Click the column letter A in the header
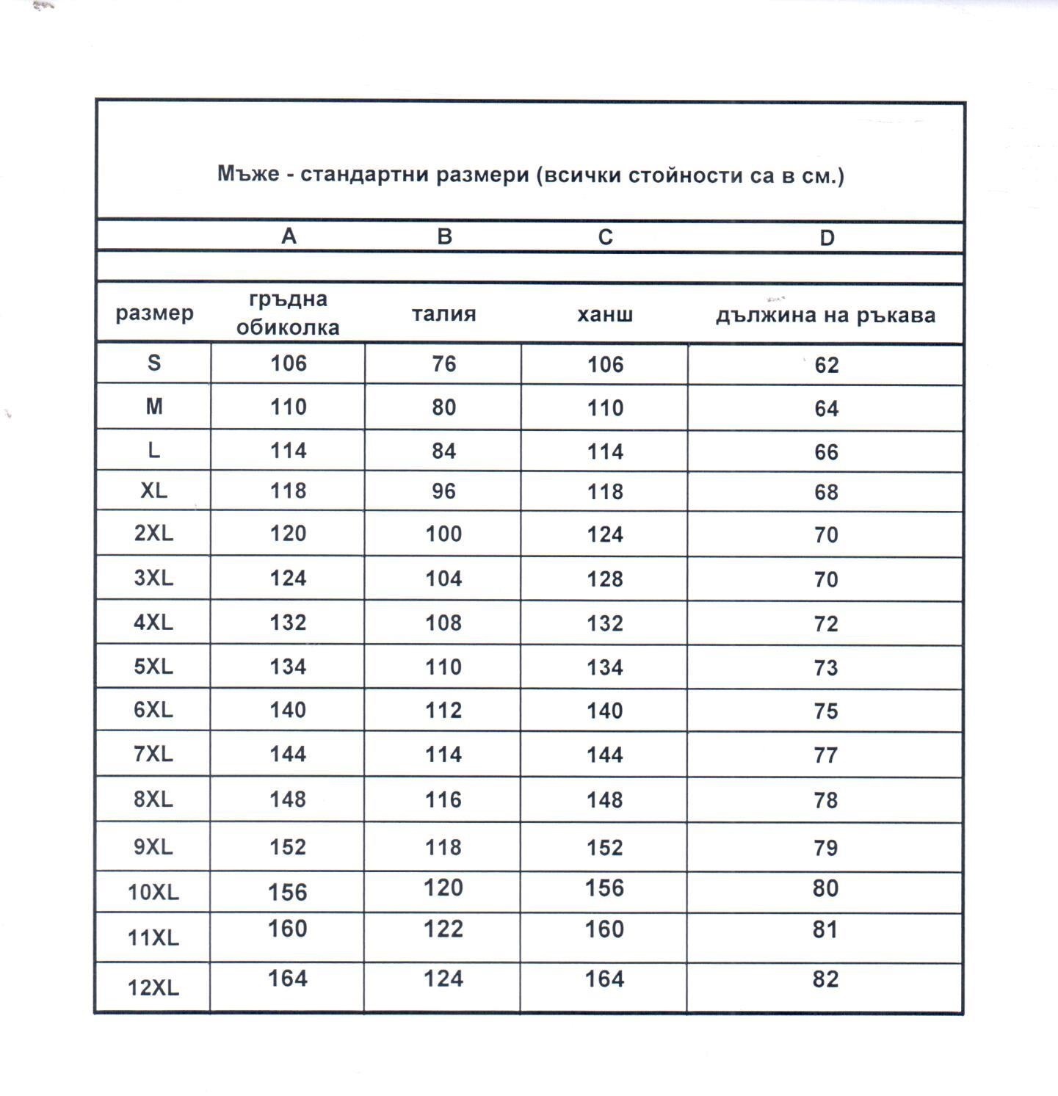point(289,236)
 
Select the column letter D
point(827,238)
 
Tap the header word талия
point(443,314)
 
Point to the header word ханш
point(605,315)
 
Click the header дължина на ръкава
point(825,316)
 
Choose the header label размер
point(154,313)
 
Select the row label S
point(153,363)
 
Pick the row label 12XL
point(153,988)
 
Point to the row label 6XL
point(153,710)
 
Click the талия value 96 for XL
point(443,491)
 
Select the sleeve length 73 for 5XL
point(826,668)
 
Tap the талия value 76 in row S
point(443,363)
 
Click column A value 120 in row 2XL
point(288,534)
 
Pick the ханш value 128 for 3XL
point(605,579)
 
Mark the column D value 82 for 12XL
point(825,979)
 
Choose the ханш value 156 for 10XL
point(604,888)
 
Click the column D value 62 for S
point(826,365)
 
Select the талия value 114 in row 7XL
point(443,755)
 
